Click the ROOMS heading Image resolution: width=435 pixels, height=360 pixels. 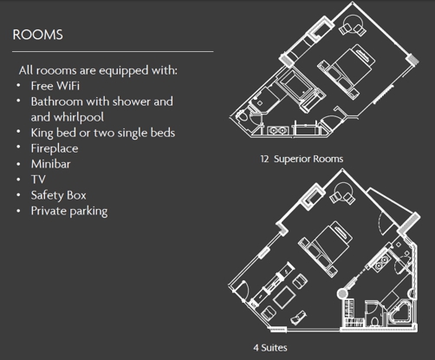[x=37, y=35]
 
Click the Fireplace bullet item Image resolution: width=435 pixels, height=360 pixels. [x=55, y=148]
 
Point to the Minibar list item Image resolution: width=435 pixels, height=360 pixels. [x=51, y=164]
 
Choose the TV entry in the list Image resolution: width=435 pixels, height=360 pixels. [x=38, y=180]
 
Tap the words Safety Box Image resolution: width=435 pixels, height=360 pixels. [x=59, y=195]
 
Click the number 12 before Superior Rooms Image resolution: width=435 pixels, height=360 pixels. [x=264, y=159]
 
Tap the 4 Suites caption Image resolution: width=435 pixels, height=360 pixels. [x=270, y=348]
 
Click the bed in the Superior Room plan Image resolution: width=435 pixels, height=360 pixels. [x=347, y=71]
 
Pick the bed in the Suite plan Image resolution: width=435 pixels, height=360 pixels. [x=326, y=248]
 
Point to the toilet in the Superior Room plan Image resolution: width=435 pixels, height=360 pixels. [x=242, y=116]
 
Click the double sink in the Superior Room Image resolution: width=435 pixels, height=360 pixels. [x=277, y=131]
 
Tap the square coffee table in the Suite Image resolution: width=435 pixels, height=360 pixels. [x=284, y=298]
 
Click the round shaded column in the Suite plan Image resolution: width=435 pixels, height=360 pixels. [x=342, y=293]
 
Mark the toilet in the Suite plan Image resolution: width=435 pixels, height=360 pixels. [x=374, y=321]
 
